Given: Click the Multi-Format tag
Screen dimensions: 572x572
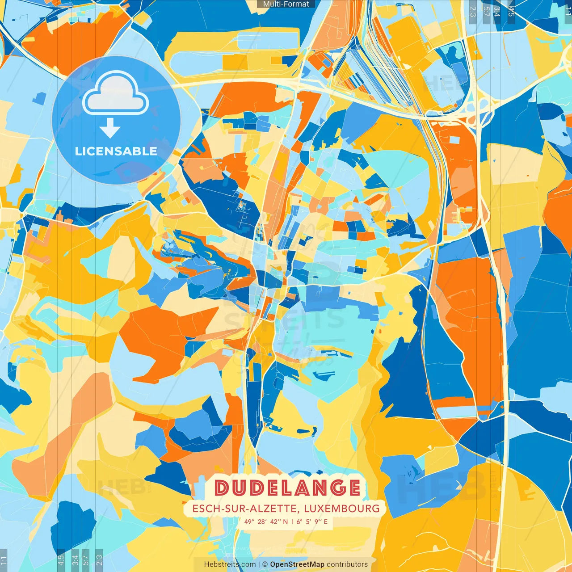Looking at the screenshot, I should [x=286, y=4].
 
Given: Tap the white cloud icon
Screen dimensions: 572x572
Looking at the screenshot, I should [x=116, y=95].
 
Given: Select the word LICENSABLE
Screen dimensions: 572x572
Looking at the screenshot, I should [x=116, y=151].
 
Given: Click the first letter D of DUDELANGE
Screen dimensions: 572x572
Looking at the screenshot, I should [x=222, y=488].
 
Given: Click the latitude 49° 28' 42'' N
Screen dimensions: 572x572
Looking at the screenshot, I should [x=266, y=522].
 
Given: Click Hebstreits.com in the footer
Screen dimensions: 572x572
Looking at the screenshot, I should [x=230, y=564].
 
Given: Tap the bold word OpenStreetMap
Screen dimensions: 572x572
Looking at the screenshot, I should [x=297, y=564].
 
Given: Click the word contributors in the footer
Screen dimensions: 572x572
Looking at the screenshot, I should [x=347, y=564].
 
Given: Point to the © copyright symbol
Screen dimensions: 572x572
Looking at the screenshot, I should [x=265, y=564].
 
